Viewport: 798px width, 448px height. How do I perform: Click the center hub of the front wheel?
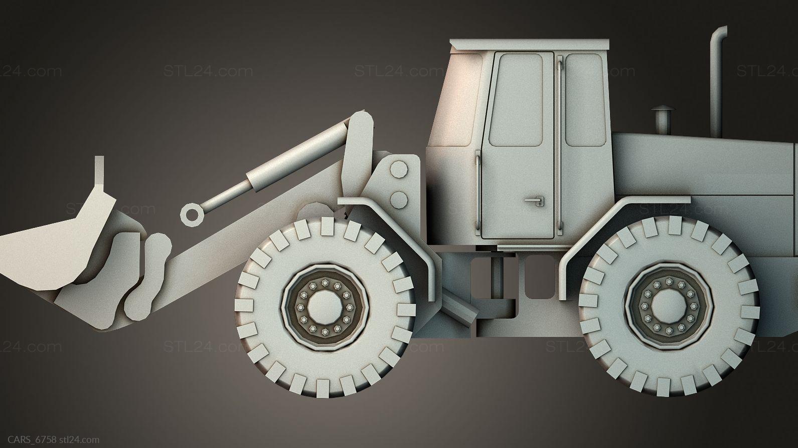coord(325,308)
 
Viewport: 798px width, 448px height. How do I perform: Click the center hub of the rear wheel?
coord(669,306)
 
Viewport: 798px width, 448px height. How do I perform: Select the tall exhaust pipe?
coord(717,82)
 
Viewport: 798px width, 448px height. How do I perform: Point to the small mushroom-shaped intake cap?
coord(662,120)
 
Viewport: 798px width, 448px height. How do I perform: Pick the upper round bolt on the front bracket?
coord(399,169)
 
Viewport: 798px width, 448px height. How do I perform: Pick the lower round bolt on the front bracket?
coord(399,199)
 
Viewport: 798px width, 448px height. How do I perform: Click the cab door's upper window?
coord(516,100)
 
